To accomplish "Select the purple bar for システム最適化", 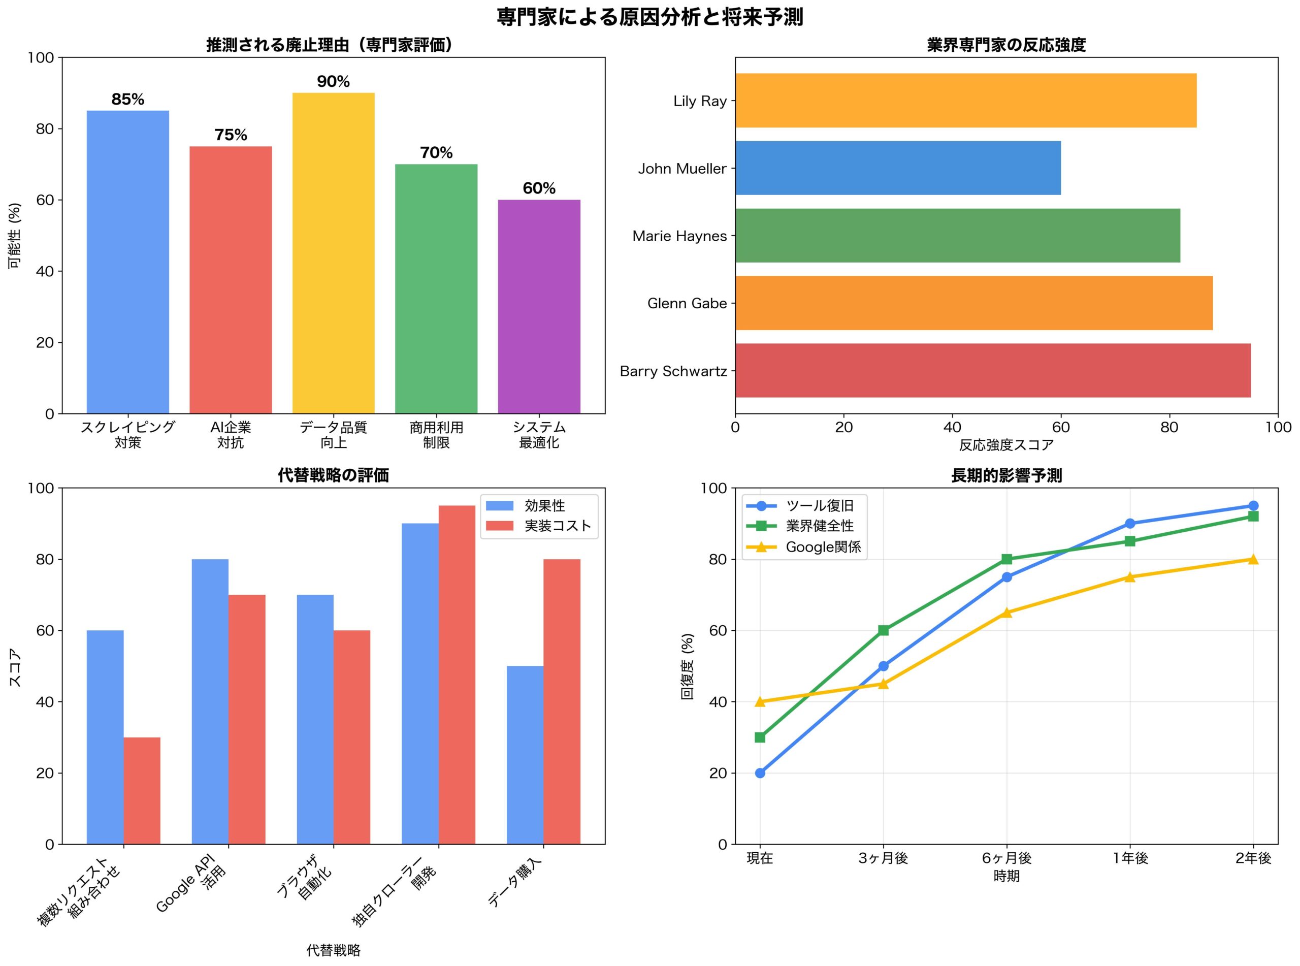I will tap(539, 306).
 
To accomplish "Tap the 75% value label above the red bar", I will tap(231, 135).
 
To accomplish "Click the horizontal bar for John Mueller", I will tap(898, 168).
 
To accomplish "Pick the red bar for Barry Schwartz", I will tap(993, 371).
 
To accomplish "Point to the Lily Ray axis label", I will tap(700, 101).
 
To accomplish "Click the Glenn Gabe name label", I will tap(687, 304).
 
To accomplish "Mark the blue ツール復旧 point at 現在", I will tap(760, 773).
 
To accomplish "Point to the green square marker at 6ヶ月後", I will tap(1006, 559).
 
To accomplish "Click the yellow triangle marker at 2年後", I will tap(1253, 559).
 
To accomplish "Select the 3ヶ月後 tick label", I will tap(883, 858).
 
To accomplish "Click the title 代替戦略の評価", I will tap(333, 475).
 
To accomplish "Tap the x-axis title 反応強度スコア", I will tap(1006, 445).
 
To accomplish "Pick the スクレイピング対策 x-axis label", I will tap(127, 434).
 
